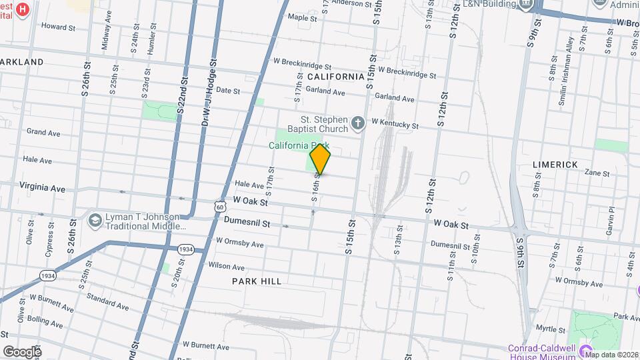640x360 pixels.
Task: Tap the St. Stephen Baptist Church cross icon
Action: [358, 123]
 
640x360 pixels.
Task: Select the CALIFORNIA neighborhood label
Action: [336, 77]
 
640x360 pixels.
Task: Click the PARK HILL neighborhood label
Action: [257, 281]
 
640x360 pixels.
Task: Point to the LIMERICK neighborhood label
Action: [554, 164]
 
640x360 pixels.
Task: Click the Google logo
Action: [22, 351]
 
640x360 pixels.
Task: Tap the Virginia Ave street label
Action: [43, 187]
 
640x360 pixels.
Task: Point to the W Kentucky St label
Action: [395, 124]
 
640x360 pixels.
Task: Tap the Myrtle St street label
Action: [550, 329]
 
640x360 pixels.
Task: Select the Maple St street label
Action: [302, 18]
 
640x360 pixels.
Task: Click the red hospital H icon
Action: [23, 9]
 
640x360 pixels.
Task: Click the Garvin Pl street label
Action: [611, 217]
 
